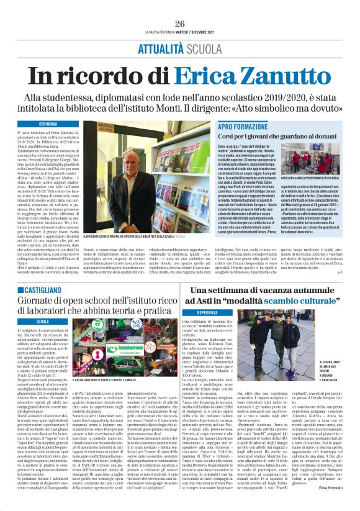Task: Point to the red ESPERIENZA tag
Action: [212, 312]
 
